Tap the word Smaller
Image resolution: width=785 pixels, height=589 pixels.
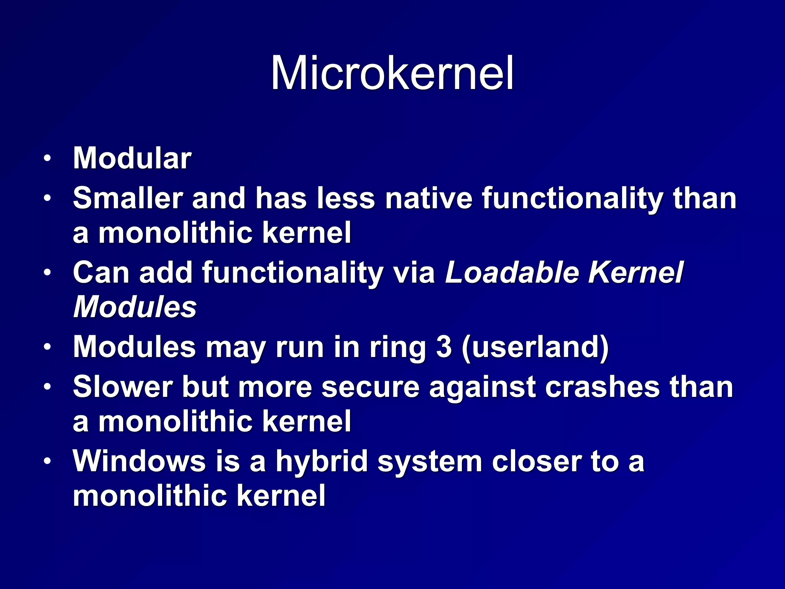click(x=127, y=198)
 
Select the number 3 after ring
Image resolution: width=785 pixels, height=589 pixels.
click(x=444, y=347)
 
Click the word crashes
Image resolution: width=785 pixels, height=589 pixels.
click(x=602, y=387)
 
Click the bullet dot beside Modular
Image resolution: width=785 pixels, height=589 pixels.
click(x=47, y=158)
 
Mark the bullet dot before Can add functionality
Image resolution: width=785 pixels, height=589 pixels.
click(x=47, y=273)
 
